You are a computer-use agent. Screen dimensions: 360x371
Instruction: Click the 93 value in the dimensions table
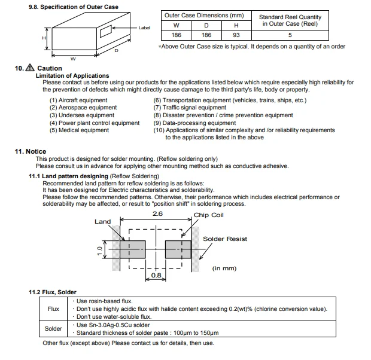coord(236,35)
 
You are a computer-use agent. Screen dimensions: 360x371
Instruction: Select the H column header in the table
coord(236,25)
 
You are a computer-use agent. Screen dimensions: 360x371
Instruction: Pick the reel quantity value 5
coord(290,35)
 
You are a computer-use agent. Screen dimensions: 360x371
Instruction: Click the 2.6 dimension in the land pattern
coord(157,213)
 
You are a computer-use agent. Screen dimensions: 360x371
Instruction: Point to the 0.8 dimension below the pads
coord(156,276)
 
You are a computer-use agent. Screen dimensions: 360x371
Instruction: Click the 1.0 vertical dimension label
coord(100,250)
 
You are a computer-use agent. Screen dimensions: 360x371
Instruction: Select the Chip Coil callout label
coord(208,215)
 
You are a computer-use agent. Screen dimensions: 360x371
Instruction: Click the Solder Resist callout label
coord(225,239)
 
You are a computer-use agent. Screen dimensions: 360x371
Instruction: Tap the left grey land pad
coord(133,249)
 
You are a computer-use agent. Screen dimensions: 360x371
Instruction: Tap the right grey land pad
coord(178,249)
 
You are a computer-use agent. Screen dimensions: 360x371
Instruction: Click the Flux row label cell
coord(53,309)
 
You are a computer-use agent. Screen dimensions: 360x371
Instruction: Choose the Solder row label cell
coord(53,328)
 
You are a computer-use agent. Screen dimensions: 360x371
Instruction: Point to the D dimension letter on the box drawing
coord(116,51)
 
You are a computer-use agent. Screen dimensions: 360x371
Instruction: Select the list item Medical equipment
coord(79,130)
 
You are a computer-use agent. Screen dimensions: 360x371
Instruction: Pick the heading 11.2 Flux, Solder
coord(53,292)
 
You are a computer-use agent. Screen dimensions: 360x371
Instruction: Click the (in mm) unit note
coord(226,269)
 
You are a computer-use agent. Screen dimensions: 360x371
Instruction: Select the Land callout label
coord(102,222)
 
